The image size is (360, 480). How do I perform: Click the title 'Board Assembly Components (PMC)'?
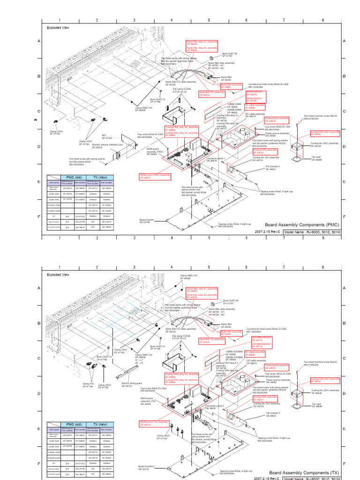click(x=301, y=225)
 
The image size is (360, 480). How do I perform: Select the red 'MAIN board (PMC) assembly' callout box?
click(x=155, y=177)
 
